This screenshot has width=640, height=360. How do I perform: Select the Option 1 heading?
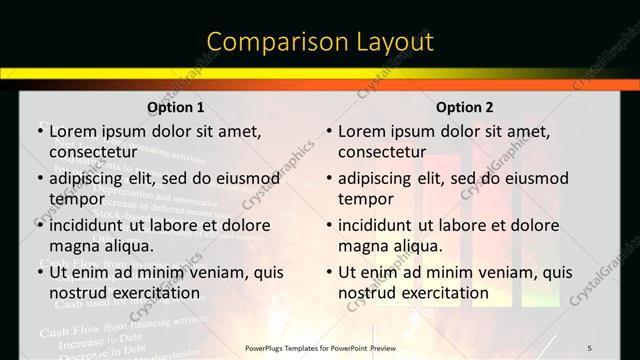[176, 108]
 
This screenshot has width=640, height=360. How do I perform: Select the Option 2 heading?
[465, 108]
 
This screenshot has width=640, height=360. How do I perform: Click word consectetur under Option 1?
[92, 152]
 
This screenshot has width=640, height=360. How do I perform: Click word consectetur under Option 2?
[381, 152]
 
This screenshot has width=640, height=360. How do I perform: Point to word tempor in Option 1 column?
[77, 199]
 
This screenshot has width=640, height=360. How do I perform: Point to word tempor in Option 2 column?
[366, 199]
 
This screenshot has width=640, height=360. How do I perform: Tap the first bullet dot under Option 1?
[39, 131]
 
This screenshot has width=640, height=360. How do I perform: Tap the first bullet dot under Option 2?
[328, 131]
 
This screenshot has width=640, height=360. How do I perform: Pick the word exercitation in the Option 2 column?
[441, 293]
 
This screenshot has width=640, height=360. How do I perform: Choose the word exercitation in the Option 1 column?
[152, 293]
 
